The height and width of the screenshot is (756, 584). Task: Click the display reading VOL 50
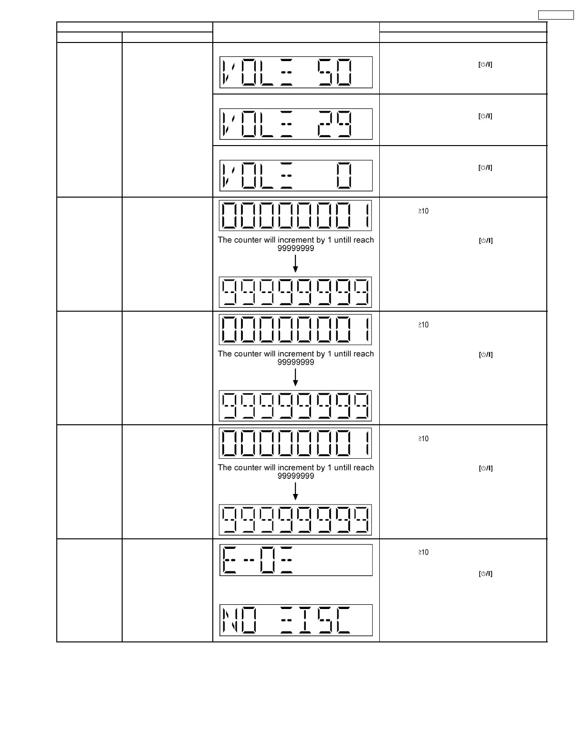tap(296, 73)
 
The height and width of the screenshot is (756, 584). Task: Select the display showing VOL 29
tap(296, 124)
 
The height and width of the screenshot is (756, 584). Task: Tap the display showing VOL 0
tap(296, 176)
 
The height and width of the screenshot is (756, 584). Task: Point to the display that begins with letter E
tap(296, 560)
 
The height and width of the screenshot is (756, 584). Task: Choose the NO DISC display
tap(296, 620)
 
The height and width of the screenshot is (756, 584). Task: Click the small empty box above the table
tap(556, 15)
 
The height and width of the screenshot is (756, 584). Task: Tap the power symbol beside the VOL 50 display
tap(485, 64)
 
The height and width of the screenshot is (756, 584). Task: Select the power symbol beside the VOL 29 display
tap(485, 116)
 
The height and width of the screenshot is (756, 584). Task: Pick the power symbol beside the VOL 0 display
tap(485, 168)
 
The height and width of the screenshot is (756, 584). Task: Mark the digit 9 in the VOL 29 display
tap(344, 124)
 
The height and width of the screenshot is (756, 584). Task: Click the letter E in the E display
tap(230, 560)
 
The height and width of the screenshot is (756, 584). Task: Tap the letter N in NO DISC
tap(230, 620)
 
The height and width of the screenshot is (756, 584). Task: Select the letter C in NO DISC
tap(344, 620)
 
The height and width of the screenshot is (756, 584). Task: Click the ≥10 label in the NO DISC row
tap(423, 552)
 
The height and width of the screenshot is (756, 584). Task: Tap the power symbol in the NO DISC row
tap(485, 574)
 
